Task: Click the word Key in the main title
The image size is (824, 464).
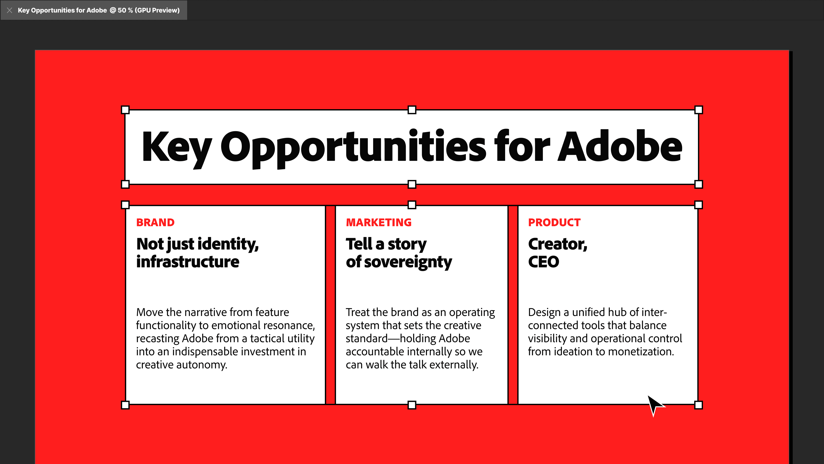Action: click(x=177, y=148)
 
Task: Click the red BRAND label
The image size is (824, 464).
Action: click(x=155, y=222)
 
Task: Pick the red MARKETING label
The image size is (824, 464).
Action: click(x=379, y=222)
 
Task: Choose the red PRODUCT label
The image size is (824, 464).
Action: click(x=554, y=222)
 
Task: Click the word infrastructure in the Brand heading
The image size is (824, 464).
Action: click(x=188, y=262)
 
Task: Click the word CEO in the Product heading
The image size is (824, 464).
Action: click(x=544, y=262)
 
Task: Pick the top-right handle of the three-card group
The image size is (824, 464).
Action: click(x=699, y=205)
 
